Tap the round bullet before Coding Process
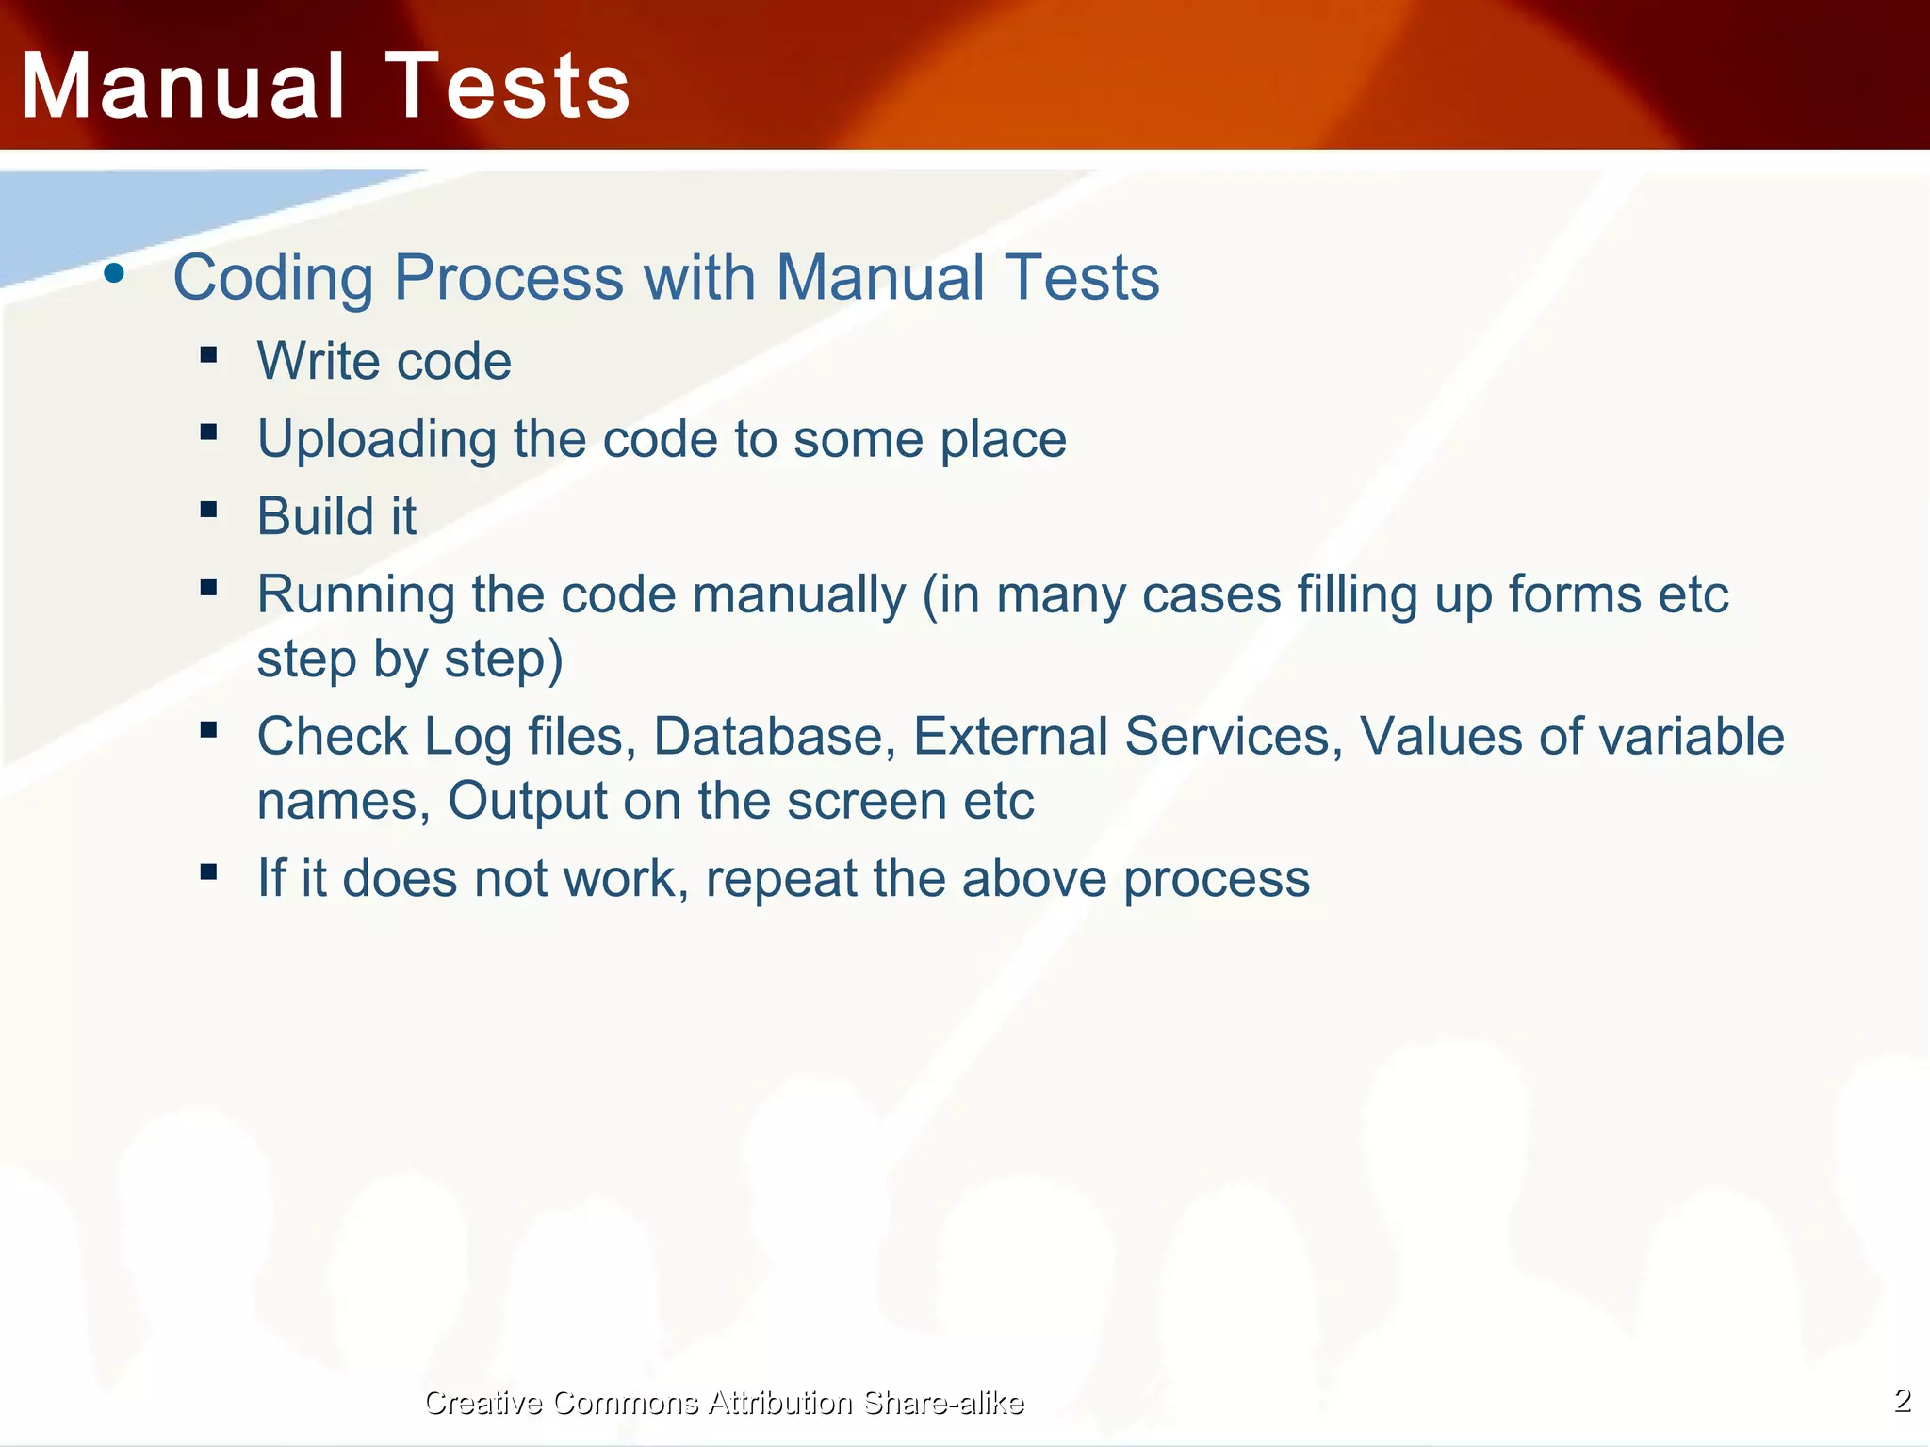[114, 274]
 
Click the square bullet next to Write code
[209, 355]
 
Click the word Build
[317, 516]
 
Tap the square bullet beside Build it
[209, 510]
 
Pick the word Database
[774, 737]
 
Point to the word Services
[1234, 737]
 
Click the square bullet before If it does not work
[209, 871]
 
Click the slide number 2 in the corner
[1903, 1401]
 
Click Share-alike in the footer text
[943, 1403]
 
